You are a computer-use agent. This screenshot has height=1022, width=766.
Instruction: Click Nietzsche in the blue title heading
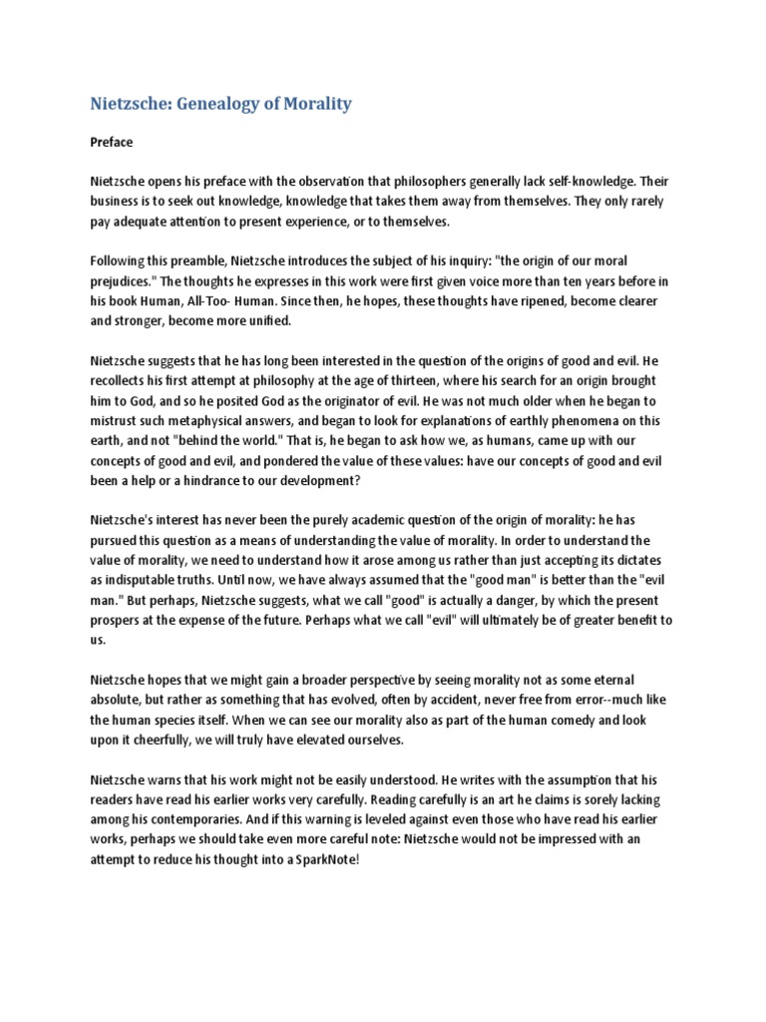131,103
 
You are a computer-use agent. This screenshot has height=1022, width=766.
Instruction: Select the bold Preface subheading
111,142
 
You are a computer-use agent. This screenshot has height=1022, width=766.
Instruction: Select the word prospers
119,620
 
